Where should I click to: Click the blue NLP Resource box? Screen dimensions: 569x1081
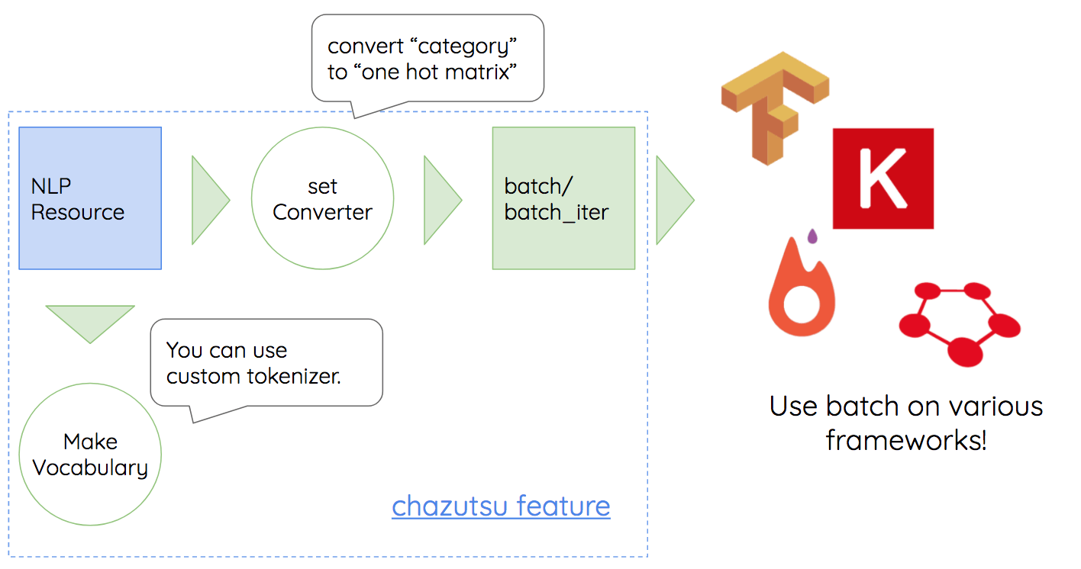[90, 198]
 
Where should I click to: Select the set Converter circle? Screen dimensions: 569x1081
[322, 198]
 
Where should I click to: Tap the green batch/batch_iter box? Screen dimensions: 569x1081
[563, 198]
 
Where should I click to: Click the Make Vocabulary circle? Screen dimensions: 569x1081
[90, 455]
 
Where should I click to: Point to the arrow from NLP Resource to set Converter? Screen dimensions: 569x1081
[208, 200]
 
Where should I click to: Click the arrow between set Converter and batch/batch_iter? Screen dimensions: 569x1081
[440, 200]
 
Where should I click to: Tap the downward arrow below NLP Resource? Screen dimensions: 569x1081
[90, 320]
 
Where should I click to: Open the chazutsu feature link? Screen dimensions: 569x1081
[501, 506]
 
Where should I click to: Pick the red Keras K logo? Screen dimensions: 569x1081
[883, 178]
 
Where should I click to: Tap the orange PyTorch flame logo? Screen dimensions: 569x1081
[802, 294]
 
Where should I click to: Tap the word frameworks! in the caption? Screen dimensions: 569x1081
[906, 440]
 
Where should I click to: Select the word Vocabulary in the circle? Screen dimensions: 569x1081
[90, 467]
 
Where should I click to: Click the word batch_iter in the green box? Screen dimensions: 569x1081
[557, 212]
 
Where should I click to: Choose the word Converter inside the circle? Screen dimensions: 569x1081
[322, 212]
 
